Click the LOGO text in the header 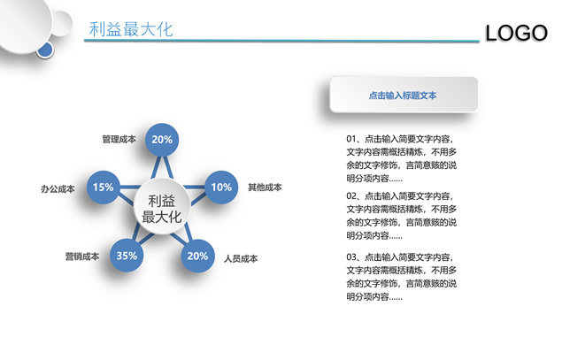coord(516,33)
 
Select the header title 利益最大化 coord(131,29)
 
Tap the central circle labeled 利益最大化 coord(162,207)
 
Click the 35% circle coord(127,256)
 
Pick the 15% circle coord(104,187)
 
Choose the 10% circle coord(221,187)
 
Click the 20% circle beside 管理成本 coord(162,140)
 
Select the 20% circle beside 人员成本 coord(197,256)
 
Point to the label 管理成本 coord(119,139)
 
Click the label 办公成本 coord(58,188)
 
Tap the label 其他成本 coord(265,187)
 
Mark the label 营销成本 coord(82,257)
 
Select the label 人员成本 coord(241,258)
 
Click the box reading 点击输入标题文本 coord(404,95)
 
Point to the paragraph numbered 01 coord(402,158)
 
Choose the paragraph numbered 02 coord(402,216)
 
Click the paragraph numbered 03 coord(402,277)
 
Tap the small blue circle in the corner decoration coord(45,50)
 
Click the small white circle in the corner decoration coord(61,24)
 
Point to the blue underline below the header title coord(281,41)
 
